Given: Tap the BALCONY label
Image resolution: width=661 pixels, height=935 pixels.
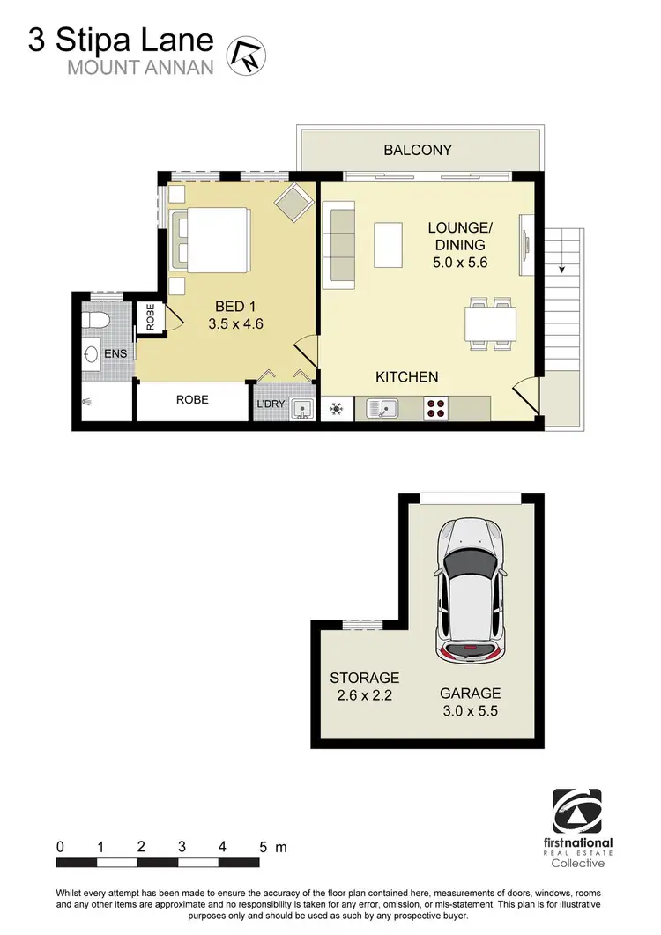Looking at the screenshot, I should tap(417, 150).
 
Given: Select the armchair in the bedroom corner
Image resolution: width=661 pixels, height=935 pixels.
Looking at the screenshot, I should tap(293, 204).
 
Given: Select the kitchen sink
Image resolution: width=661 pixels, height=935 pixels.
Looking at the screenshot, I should tap(382, 408).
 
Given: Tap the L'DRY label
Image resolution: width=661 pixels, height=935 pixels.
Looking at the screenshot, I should tap(271, 405).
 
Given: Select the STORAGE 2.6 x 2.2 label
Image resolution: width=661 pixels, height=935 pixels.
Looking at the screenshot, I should tap(364, 686).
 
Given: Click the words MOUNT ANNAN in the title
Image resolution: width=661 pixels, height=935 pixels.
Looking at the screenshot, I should tap(142, 67).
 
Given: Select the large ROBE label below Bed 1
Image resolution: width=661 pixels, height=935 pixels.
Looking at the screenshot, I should tap(192, 399).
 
